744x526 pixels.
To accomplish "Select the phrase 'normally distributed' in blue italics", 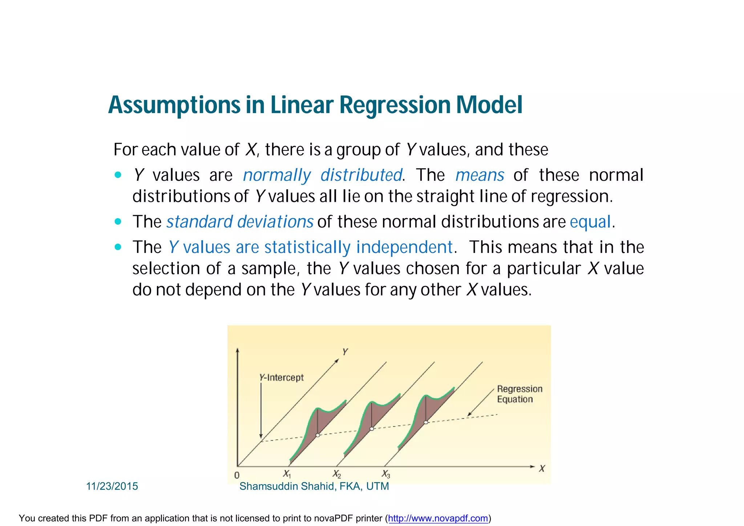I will (x=323, y=175).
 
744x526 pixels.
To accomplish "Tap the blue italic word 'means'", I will (x=480, y=175).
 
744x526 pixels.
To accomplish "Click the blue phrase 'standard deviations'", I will (x=240, y=222).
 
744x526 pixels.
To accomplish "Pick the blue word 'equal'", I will (x=590, y=222).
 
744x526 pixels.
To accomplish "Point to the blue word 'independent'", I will (x=404, y=247).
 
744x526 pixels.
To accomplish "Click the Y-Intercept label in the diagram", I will (x=282, y=378).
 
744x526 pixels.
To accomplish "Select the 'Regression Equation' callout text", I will (x=519, y=394).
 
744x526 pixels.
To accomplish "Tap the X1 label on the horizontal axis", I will (x=287, y=474).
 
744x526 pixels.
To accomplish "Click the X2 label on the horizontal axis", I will (x=337, y=474).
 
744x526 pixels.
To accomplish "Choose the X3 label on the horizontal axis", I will (x=386, y=474).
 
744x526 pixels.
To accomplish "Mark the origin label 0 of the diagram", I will (x=237, y=475).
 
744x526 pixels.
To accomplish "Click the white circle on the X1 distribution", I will (x=318, y=435).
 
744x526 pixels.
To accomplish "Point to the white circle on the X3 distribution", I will (x=426, y=422).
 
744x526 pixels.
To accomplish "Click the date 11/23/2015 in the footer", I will (x=112, y=486).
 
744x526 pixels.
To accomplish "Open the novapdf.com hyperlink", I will (x=438, y=518).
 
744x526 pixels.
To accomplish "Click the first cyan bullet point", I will (x=118, y=175).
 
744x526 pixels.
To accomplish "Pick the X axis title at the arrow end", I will (x=542, y=469).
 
